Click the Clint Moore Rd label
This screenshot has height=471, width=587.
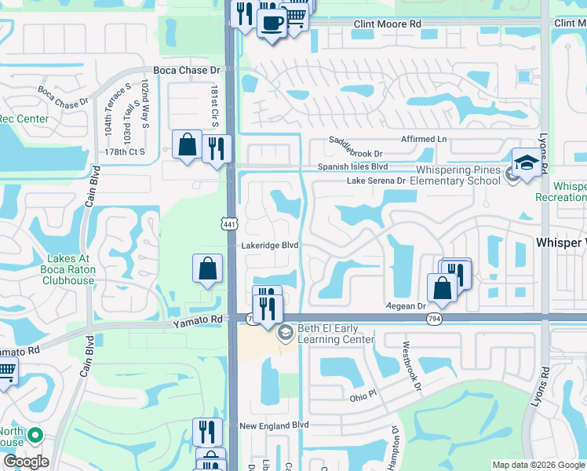(x=387, y=24)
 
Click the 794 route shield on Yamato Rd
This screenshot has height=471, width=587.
(x=434, y=319)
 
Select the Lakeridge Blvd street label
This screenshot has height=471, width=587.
(x=270, y=246)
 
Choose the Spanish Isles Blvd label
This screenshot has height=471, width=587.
(x=352, y=167)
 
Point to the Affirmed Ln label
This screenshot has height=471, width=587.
(x=424, y=140)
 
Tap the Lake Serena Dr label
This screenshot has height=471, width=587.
(x=376, y=181)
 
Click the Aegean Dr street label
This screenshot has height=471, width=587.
(x=405, y=305)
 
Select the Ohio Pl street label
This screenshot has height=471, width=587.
(x=363, y=398)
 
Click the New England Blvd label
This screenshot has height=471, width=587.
(x=274, y=425)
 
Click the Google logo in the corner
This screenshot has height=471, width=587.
(x=25, y=462)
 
